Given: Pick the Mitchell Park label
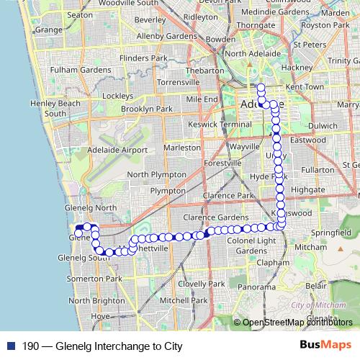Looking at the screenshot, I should (x=184, y=300).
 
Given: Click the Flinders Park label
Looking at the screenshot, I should (x=123, y=57).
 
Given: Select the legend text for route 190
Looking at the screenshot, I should (x=102, y=346).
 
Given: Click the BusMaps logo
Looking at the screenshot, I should (x=325, y=345).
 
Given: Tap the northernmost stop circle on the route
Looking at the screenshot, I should (x=261, y=88).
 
